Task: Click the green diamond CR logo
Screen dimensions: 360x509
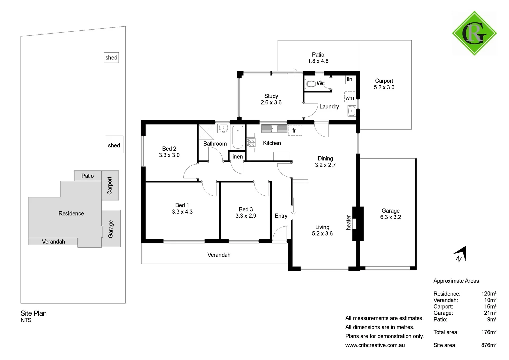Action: pos(474,33)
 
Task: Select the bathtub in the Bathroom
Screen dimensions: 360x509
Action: pos(238,137)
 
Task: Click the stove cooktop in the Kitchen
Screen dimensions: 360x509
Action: pos(251,143)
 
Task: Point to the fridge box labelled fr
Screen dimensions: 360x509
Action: pos(295,130)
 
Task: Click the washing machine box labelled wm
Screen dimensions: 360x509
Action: pos(349,97)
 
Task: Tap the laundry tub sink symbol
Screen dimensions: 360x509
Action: pos(351,111)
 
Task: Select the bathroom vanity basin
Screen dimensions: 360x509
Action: pos(223,128)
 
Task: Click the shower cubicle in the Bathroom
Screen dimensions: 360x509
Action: pos(206,132)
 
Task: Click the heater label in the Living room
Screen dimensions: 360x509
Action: pos(349,222)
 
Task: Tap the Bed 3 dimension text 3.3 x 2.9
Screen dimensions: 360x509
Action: pos(246,216)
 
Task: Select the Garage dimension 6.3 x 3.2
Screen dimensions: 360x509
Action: pos(390,217)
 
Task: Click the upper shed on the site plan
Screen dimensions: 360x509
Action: pos(111,58)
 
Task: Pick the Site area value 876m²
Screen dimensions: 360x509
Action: pos(488,345)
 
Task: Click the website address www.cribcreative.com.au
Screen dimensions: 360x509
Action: pos(375,345)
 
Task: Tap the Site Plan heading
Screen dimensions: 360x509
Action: pos(34,313)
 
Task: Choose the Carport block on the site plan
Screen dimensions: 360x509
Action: pos(110,185)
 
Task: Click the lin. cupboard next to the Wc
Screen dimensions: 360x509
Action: pos(350,79)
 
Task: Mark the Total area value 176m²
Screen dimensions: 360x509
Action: pos(488,332)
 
